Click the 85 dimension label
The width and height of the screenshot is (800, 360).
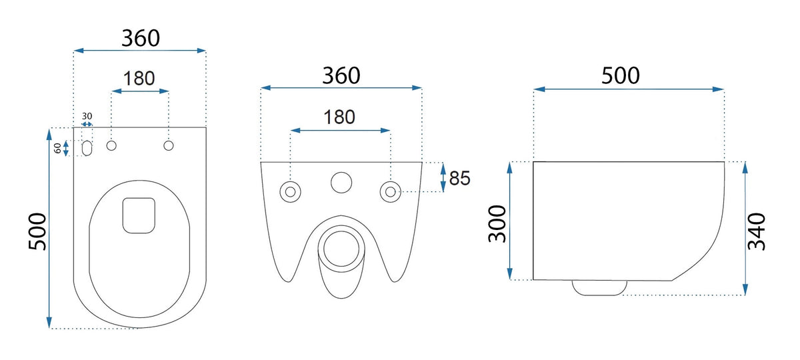pos(459,178)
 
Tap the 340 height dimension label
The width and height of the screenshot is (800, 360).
pos(757,231)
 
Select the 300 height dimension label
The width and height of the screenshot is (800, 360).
pos(497,224)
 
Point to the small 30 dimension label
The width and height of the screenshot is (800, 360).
pos(87,116)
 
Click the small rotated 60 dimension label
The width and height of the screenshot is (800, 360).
pos(57,148)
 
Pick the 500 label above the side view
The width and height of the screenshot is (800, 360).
pos(621,76)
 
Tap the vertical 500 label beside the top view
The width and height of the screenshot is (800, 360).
pos(37,232)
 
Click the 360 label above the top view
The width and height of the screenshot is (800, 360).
pos(141,38)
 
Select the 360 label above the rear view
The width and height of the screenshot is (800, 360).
pos(341,76)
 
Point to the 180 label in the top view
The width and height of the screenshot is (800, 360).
pos(139,79)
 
